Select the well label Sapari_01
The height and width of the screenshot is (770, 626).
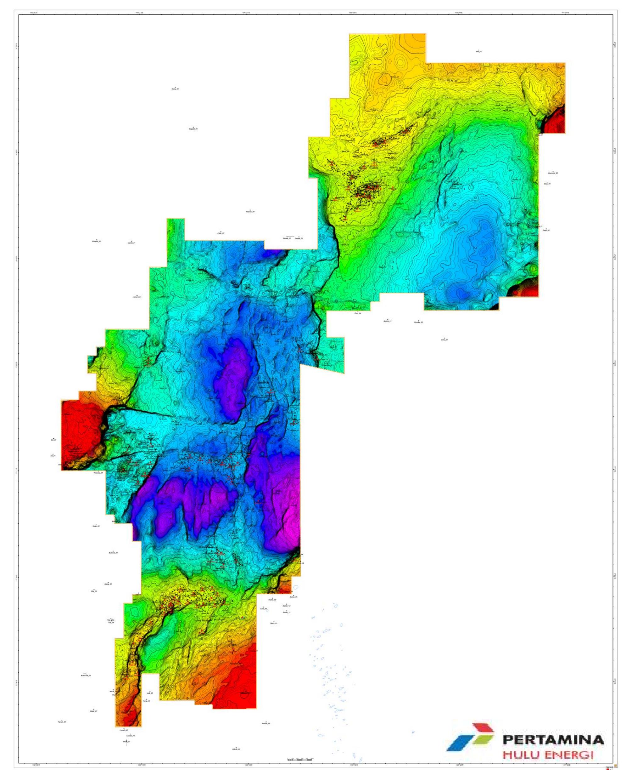pyautogui.click(x=193, y=129)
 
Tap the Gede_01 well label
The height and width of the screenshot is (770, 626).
pyautogui.click(x=96, y=526)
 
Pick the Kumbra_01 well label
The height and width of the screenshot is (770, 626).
pyautogui.click(x=418, y=322)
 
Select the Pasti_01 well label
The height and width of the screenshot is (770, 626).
pyautogui.click(x=358, y=313)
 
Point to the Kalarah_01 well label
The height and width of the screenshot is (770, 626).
pyautogui.click(x=86, y=675)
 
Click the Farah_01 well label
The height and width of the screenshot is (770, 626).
pyautogui.click(x=62, y=722)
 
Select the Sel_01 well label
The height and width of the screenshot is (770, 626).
pyautogui.click(x=53, y=440)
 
